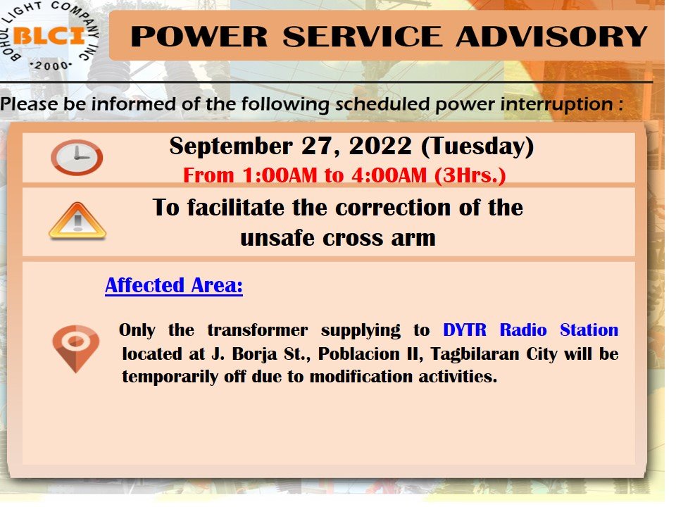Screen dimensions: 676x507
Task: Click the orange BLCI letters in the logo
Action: (x=49, y=35)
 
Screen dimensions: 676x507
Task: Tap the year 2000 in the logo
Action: (x=51, y=66)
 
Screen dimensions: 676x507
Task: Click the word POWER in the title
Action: (x=199, y=36)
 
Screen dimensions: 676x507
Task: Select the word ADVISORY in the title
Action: (x=552, y=36)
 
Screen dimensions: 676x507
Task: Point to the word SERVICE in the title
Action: (x=363, y=36)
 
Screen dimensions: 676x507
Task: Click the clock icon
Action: (x=77, y=157)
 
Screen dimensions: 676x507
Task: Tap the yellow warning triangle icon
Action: (x=77, y=220)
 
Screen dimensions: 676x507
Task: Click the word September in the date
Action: (x=231, y=146)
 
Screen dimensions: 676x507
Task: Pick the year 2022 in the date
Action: (x=380, y=146)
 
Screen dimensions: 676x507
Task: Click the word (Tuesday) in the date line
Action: (x=477, y=146)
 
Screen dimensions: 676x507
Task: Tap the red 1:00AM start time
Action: (x=280, y=175)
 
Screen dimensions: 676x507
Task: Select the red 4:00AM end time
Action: (x=389, y=175)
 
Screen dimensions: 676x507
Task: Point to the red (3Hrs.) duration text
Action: (x=470, y=176)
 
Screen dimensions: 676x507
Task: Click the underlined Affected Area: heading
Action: (x=174, y=285)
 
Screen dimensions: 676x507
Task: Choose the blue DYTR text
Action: (x=465, y=330)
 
